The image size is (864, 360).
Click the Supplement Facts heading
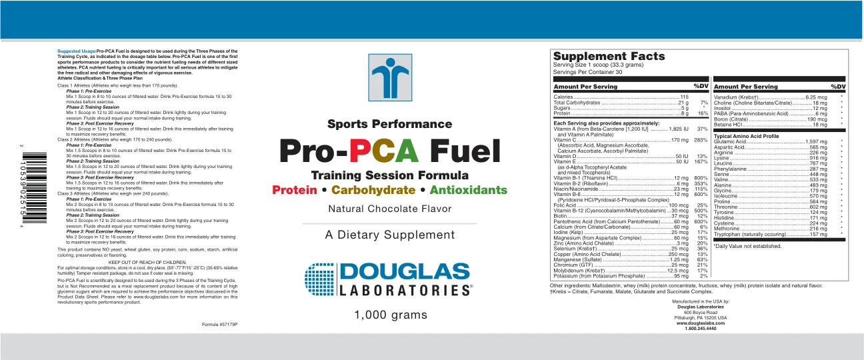[609, 57]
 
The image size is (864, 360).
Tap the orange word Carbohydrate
[373, 190]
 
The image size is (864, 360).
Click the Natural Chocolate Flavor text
[389, 209]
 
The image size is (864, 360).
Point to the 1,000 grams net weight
[389, 314]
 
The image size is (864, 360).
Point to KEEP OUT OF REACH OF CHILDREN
[147, 263]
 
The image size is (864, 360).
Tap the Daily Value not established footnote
[748, 246]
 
